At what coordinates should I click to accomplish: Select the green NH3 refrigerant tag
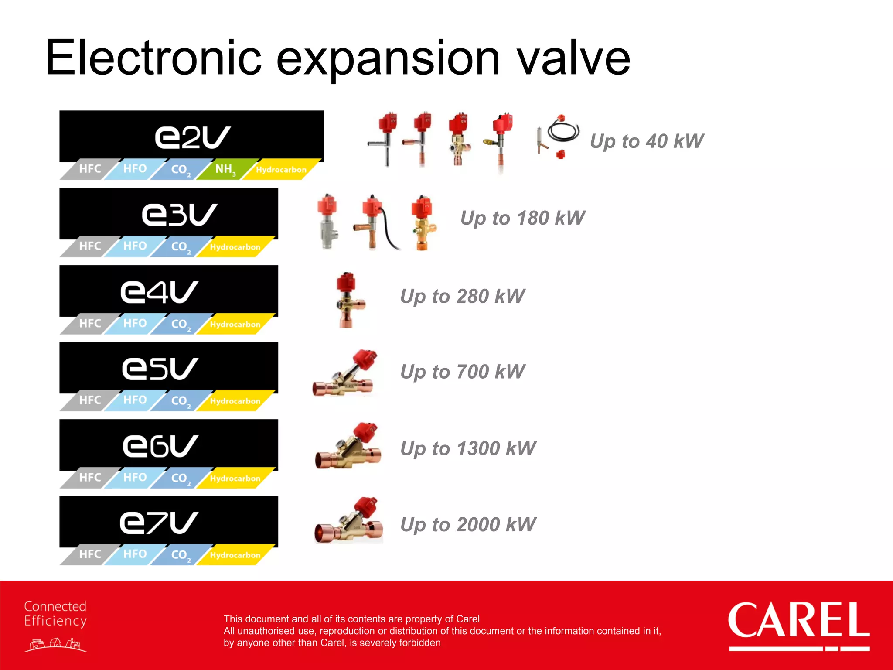tap(225, 169)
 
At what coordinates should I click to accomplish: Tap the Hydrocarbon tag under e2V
tap(281, 170)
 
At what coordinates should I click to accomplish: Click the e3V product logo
tap(179, 214)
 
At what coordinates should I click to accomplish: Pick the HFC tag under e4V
tap(90, 324)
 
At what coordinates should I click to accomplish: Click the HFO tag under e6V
tap(135, 478)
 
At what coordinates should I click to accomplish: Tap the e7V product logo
tap(159, 523)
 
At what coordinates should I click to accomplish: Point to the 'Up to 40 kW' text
tap(647, 141)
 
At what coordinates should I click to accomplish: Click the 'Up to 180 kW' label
tap(522, 218)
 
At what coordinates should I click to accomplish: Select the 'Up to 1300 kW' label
tap(468, 448)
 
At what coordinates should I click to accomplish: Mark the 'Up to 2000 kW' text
tap(468, 524)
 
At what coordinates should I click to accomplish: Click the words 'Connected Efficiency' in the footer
tap(55, 614)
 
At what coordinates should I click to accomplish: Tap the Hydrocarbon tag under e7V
tap(235, 555)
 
